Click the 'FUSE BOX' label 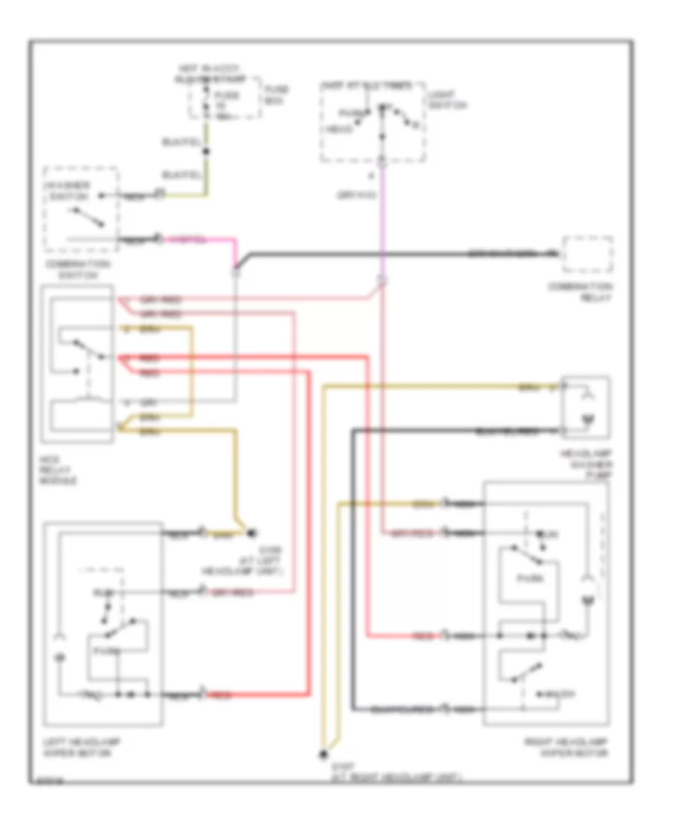coord(276,94)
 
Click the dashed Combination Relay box coord(588,255)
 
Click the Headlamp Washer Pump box coord(586,407)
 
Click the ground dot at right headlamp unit coord(324,754)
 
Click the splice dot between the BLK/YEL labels coord(207,152)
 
